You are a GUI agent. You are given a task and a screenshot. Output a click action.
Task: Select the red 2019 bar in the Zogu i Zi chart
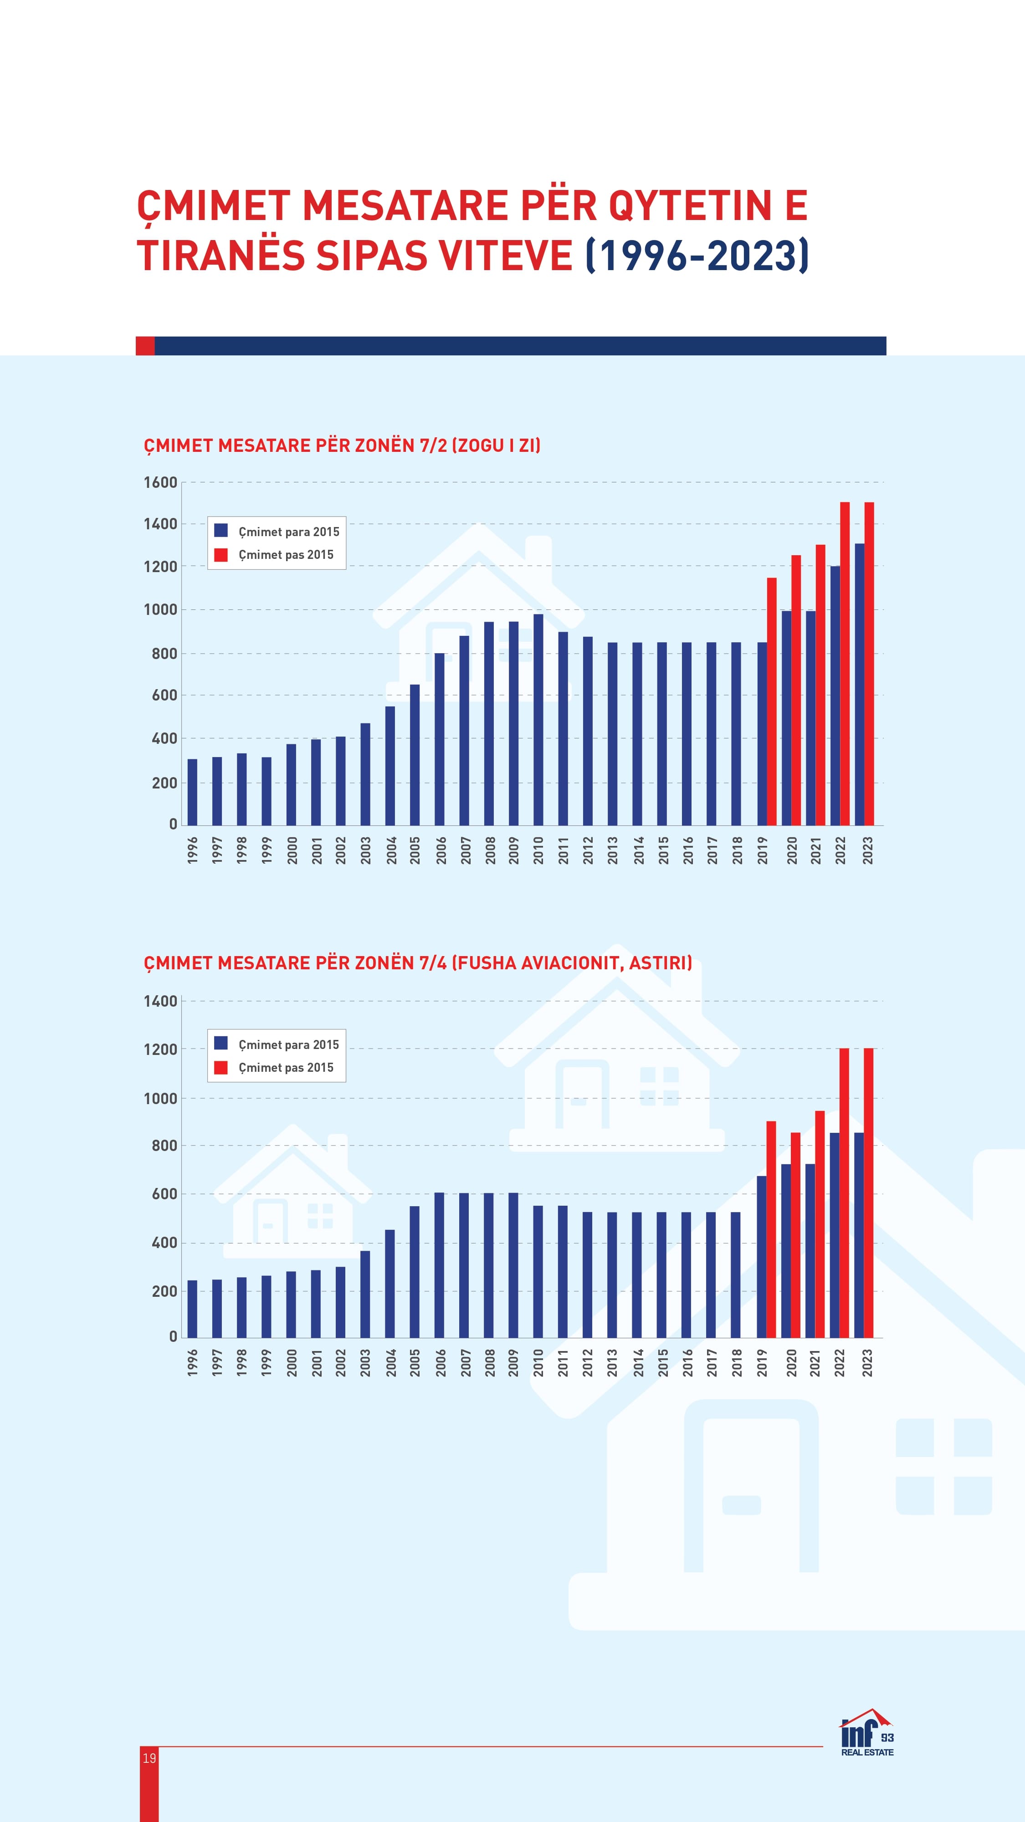[x=772, y=701]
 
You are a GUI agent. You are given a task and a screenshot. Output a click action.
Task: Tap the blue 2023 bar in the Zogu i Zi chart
[x=860, y=684]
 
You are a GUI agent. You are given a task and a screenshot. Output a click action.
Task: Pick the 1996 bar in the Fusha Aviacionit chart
[x=192, y=1309]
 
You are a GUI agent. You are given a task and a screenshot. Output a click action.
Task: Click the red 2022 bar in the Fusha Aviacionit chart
[x=844, y=1192]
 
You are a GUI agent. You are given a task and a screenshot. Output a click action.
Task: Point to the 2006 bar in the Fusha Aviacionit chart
[x=439, y=1264]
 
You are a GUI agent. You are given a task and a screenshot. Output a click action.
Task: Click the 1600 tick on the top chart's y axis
[x=160, y=482]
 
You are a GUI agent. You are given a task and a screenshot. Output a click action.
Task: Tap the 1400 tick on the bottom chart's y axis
[x=160, y=1001]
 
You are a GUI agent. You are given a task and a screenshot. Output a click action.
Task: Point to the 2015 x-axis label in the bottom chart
[x=663, y=1362]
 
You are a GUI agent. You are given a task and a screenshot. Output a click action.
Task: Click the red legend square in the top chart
[x=220, y=554]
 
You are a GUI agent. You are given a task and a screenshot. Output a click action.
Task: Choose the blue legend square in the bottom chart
[x=220, y=1043]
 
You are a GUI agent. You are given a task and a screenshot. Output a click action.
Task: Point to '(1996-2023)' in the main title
[x=697, y=256]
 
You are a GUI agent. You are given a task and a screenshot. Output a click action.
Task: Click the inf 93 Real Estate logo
[x=867, y=1732]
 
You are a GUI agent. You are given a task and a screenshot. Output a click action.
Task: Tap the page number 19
[x=149, y=1758]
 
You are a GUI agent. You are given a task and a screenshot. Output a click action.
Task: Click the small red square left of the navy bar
[x=145, y=346]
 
